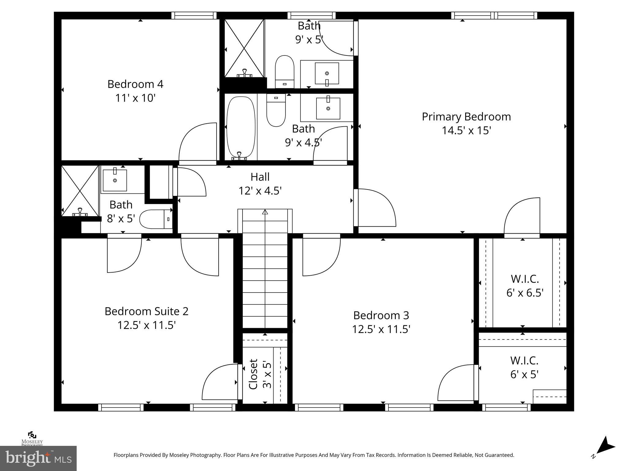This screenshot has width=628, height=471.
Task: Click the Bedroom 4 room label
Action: [135, 84]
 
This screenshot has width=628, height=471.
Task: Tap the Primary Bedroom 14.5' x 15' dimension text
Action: [466, 131]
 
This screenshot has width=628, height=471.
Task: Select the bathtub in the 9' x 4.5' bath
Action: [241, 127]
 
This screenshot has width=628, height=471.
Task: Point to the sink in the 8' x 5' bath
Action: [115, 180]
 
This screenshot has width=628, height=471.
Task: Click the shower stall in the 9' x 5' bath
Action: [244, 48]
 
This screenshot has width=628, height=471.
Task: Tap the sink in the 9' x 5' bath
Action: [327, 74]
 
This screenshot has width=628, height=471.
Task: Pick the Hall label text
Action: [260, 177]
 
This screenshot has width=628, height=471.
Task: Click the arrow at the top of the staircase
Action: [265, 212]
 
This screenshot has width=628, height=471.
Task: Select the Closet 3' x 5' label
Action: [260, 374]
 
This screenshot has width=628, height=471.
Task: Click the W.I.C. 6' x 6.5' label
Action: [525, 286]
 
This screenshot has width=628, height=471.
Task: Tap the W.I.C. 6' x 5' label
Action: [524, 367]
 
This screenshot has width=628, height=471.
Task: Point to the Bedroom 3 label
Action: [381, 315]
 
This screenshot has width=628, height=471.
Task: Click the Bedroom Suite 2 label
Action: [146, 311]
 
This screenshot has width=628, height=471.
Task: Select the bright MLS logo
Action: [38, 458]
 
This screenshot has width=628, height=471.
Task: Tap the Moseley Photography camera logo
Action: [32, 435]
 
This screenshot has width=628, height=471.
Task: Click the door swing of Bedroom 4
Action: [196, 141]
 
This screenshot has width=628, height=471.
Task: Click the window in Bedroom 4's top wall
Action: [194, 15]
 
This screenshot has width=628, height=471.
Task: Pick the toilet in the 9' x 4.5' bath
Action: [276, 110]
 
